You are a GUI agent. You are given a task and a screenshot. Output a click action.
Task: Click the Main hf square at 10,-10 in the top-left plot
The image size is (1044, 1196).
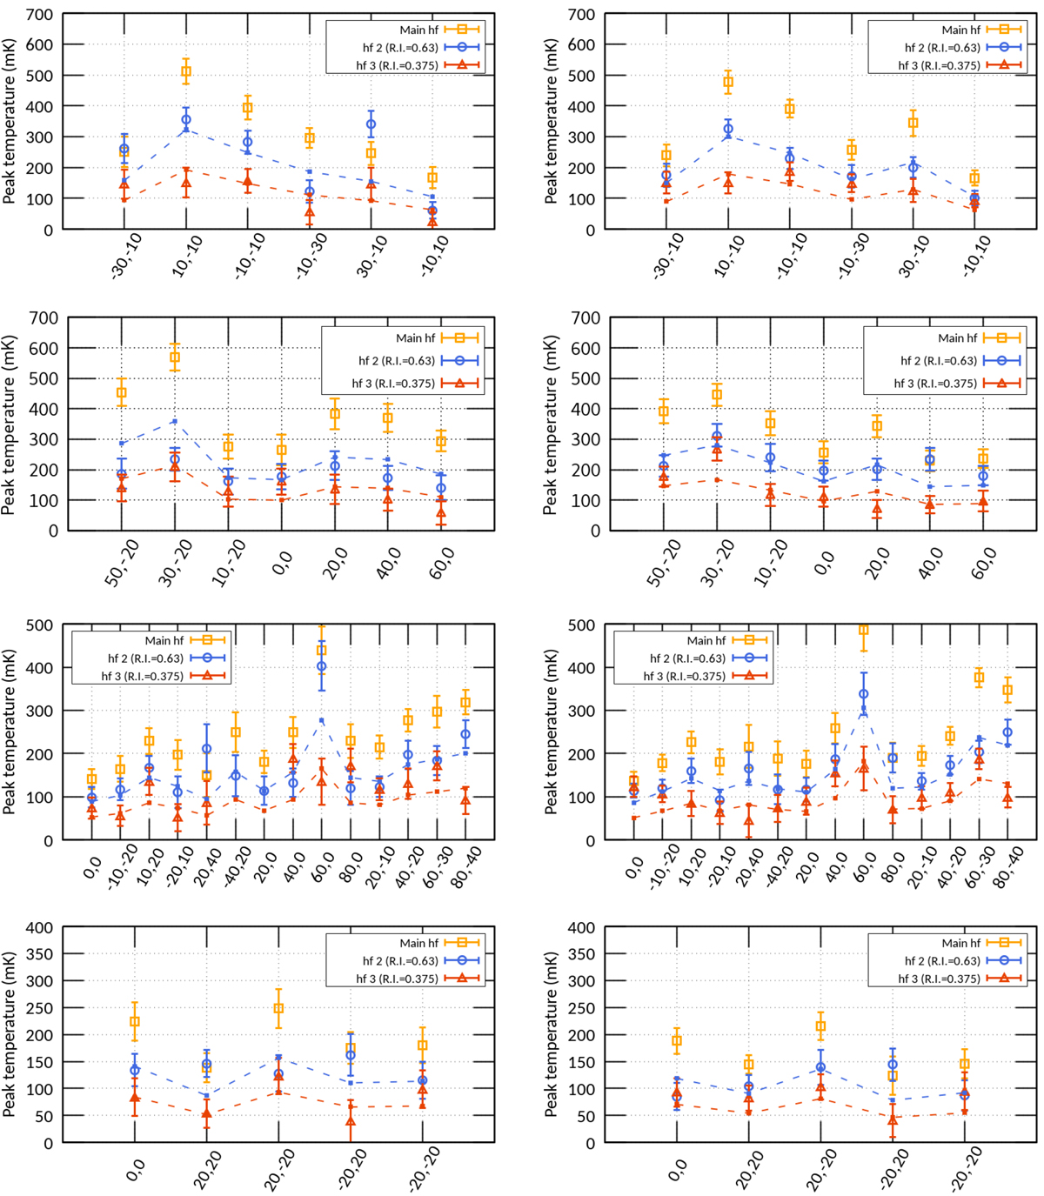coord(186,72)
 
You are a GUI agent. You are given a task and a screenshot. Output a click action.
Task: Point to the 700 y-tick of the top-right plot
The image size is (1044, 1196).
coord(580,14)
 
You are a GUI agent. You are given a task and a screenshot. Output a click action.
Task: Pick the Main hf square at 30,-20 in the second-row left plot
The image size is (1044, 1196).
coord(175,357)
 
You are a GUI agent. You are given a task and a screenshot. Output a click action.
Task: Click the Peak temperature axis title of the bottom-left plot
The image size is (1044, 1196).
coord(10,1035)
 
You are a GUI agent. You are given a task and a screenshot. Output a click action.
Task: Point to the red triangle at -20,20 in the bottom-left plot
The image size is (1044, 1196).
coord(351,1122)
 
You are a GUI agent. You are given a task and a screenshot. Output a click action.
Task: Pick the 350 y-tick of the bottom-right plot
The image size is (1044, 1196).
coord(580,953)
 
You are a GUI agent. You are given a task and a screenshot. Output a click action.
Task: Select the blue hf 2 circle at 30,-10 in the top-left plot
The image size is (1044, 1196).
coord(371,124)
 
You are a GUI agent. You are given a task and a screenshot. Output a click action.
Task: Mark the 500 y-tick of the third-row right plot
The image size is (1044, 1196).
coord(580,625)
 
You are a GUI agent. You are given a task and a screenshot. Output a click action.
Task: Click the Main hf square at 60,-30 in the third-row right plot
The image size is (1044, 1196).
coord(980,678)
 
